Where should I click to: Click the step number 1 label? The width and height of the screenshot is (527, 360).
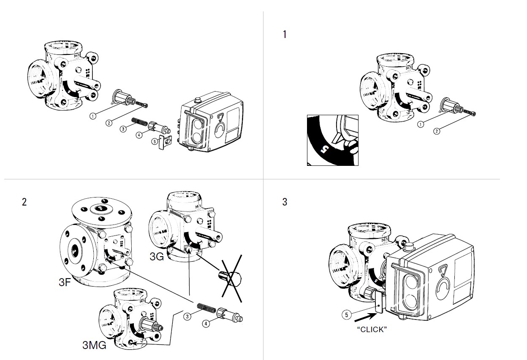[x=285, y=34]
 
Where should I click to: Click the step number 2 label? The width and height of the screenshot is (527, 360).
[x=24, y=202]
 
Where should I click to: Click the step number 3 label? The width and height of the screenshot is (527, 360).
[x=285, y=202]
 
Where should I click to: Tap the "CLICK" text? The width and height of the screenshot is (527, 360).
[x=372, y=330]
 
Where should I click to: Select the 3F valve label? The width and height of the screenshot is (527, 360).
[x=65, y=282]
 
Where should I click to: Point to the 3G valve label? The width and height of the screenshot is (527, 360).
[x=157, y=257]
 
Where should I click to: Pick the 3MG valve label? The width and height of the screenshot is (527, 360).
[x=94, y=345]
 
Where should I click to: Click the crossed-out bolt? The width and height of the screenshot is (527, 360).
[x=230, y=279]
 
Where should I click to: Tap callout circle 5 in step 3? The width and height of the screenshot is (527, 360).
[x=347, y=314]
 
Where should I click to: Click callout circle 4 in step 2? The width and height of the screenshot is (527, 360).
[x=206, y=324]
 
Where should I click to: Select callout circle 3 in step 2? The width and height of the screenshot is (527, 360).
[x=187, y=317]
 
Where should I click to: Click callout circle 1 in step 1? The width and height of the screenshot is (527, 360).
[x=421, y=124]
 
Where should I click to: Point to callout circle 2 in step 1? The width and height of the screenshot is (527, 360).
[x=437, y=131]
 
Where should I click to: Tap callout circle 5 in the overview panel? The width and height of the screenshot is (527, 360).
[x=155, y=141]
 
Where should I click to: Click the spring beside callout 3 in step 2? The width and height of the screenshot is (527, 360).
[x=206, y=308]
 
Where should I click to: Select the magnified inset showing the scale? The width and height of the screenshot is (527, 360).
[x=333, y=141]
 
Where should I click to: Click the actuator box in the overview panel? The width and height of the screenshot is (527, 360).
[x=211, y=122]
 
